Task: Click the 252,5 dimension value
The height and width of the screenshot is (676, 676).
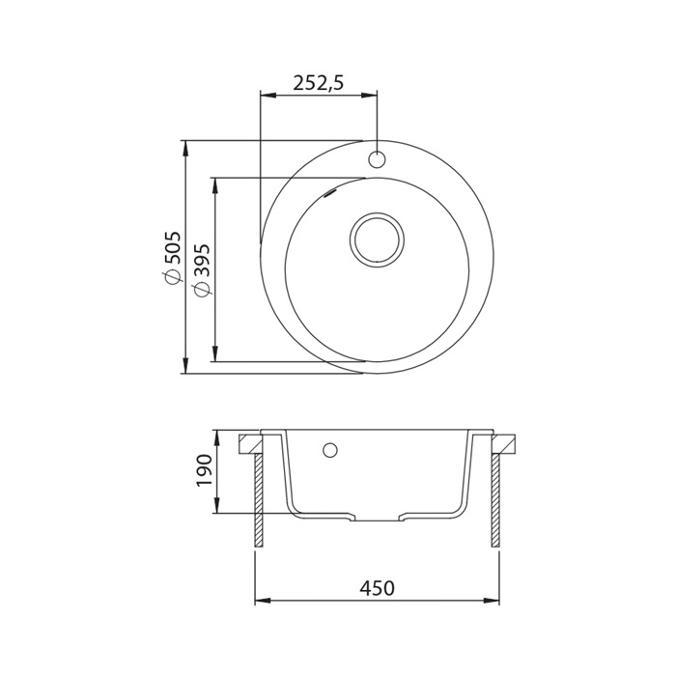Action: click(x=318, y=83)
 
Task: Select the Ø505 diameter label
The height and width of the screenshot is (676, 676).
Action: click(x=170, y=258)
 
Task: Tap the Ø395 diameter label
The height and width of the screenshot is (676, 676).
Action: click(x=201, y=270)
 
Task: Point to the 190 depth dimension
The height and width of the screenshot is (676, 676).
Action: click(x=204, y=470)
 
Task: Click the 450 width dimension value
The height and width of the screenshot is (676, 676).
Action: click(x=378, y=587)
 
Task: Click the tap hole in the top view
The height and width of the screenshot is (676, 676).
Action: click(x=377, y=159)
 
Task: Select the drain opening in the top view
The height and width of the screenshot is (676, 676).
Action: click(x=378, y=239)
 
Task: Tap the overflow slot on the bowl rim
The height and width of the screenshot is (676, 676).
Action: click(x=330, y=193)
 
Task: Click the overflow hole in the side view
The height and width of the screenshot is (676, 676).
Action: click(x=330, y=450)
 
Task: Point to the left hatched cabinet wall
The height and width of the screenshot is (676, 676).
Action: click(x=259, y=500)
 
